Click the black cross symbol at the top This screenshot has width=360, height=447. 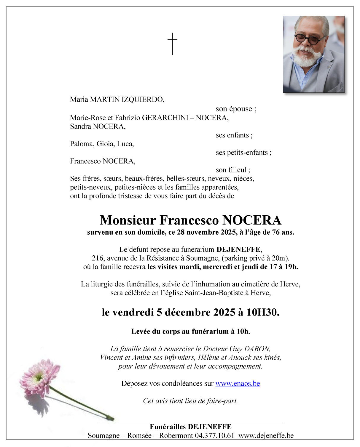pyautogui.click(x=172, y=44)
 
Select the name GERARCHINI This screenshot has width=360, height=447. pyautogui.click(x=165, y=118)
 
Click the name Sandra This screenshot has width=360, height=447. pyautogui.click(x=80, y=126)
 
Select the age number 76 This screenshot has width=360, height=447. pyautogui.click(x=276, y=232)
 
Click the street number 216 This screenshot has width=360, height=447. pyautogui.click(x=98, y=258)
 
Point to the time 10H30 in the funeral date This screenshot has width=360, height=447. pyautogui.click(x=262, y=313)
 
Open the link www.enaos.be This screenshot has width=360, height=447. pyautogui.click(x=238, y=384)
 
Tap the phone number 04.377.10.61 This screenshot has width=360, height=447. pyautogui.click(x=214, y=436)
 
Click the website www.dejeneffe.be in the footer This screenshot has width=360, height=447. pyautogui.click(x=266, y=436)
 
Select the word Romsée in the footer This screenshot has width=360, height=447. pyautogui.click(x=139, y=436)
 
